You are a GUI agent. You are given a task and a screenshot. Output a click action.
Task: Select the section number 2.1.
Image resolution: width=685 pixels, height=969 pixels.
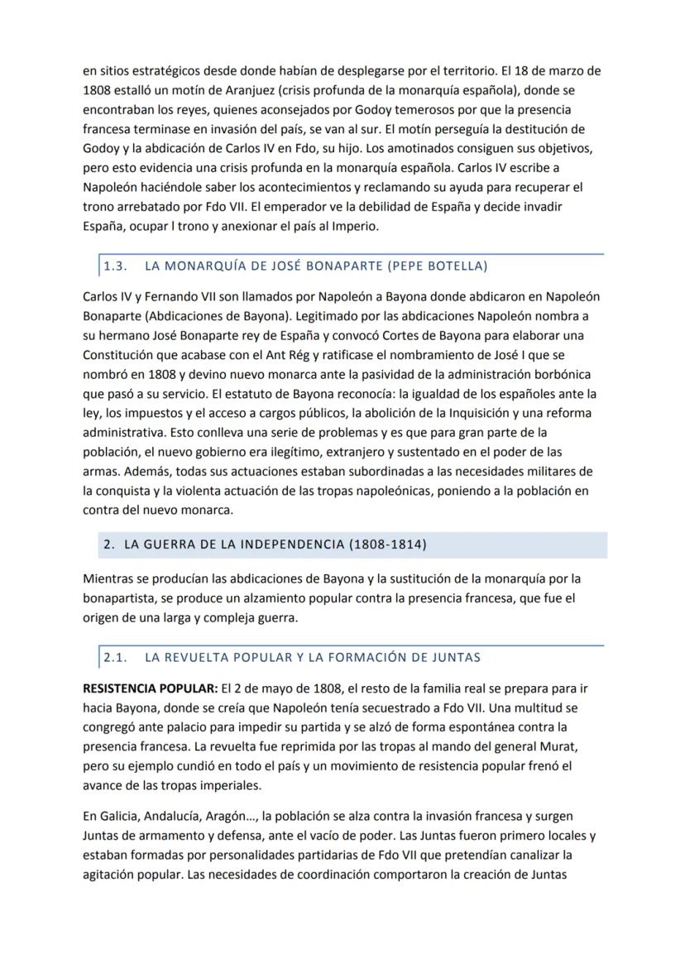pos(115,658)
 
